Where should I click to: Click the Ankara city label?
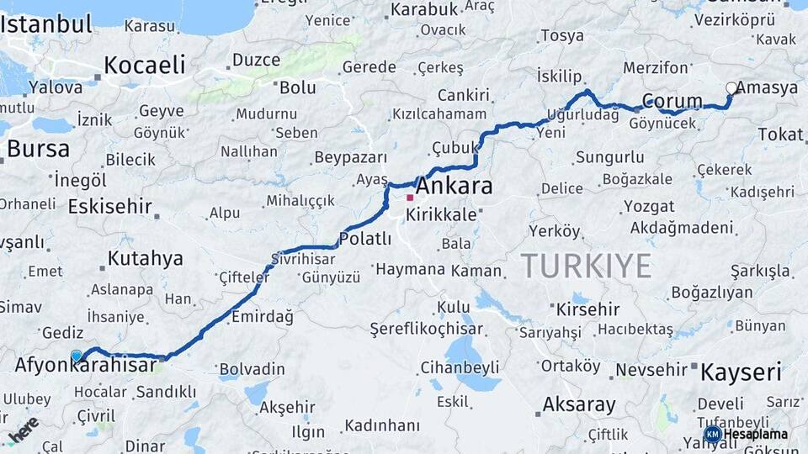454,186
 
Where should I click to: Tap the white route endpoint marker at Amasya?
731,88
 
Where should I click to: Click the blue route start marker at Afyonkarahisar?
77,356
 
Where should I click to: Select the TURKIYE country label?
586,266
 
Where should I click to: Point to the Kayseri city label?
741,372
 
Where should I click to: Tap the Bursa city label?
38,150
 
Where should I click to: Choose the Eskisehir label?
110,206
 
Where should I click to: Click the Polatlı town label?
365,239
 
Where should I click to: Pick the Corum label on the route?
672,102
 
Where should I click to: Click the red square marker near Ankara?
410,198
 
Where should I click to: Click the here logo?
23,429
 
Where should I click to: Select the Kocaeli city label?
145,65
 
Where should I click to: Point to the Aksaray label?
579,404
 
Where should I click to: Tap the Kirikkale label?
441,214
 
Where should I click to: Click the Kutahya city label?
146,258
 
